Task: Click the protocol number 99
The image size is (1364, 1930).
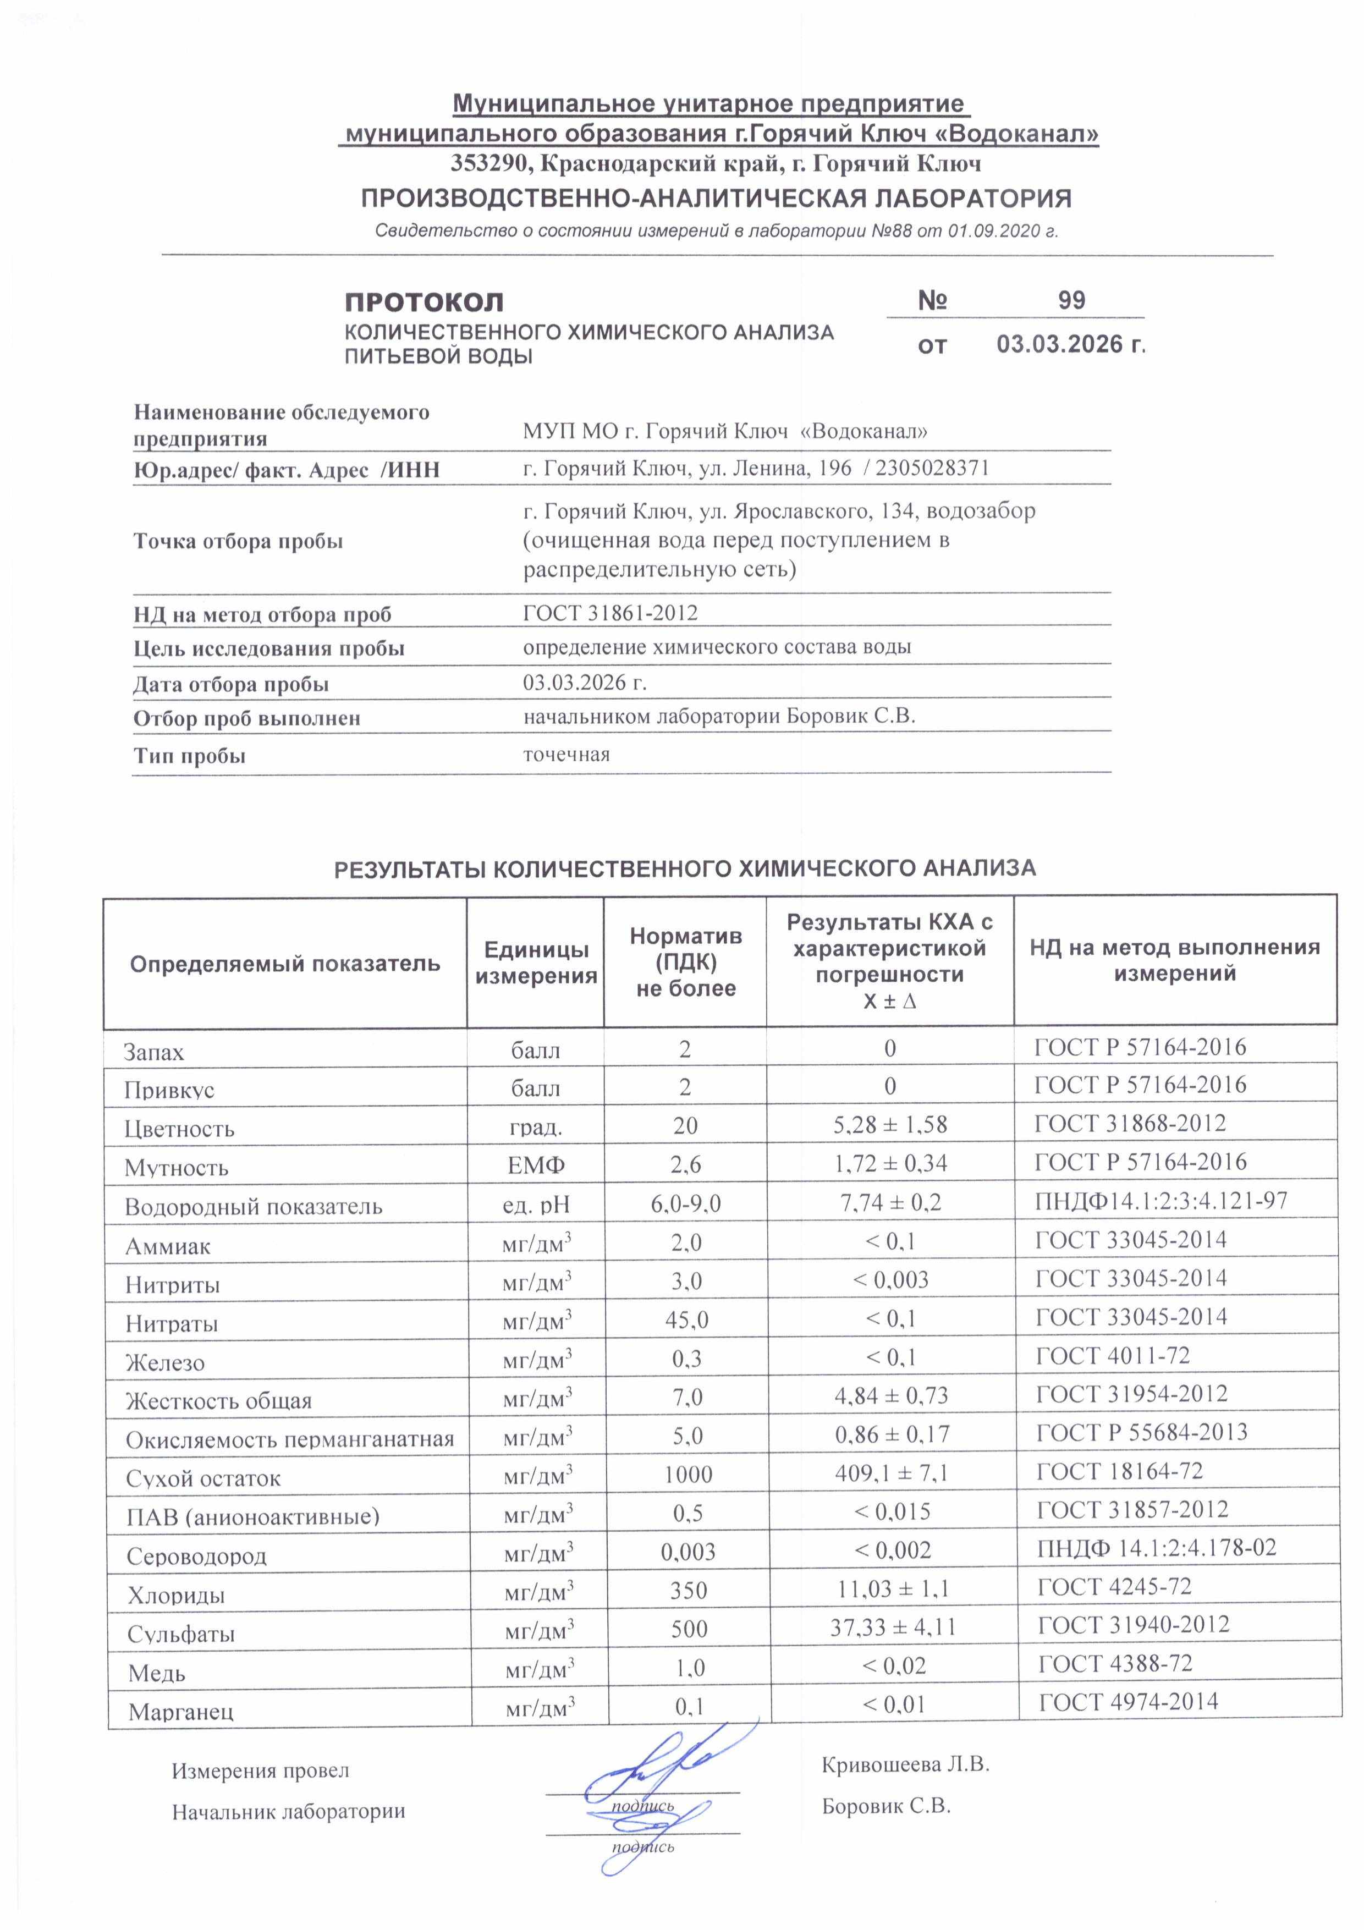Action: pos(1071,301)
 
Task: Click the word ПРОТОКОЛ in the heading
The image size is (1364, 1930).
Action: pos(425,303)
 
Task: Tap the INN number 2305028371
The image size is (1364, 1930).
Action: pos(932,468)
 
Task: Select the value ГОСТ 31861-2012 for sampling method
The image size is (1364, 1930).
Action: pos(610,613)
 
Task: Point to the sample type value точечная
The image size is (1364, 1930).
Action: pos(566,754)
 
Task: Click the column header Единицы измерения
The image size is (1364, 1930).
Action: pos(535,963)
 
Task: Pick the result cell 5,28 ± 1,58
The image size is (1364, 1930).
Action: pos(890,1124)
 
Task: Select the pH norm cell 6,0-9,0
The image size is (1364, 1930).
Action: pos(686,1203)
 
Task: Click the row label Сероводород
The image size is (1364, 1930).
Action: pos(197,1557)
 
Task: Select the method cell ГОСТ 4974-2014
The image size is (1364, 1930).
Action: pos(1128,1702)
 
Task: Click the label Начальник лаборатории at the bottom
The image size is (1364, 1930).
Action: pos(288,1812)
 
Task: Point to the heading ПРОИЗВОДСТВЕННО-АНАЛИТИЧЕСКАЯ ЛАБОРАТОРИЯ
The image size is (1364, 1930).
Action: pos(716,199)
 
